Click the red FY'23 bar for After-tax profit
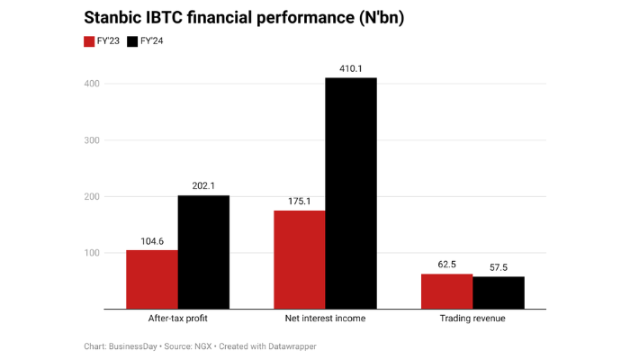click(151, 279)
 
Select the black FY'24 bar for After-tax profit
click(202, 252)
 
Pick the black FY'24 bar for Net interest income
click(351, 193)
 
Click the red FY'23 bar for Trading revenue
click(446, 292)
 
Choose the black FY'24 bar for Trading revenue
click(499, 292)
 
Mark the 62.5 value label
click(446, 264)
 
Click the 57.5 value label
click(499, 266)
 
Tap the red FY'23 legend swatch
click(89, 41)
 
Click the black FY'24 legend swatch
click(133, 41)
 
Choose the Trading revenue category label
click(472, 319)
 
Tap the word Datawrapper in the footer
click(292, 346)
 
